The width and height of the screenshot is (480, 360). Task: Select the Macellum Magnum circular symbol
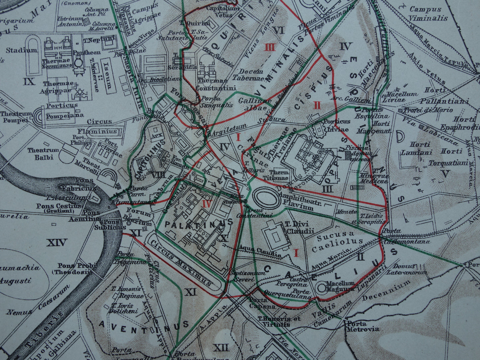[x=322, y=288]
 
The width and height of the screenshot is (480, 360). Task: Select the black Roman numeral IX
[x=30, y=81]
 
